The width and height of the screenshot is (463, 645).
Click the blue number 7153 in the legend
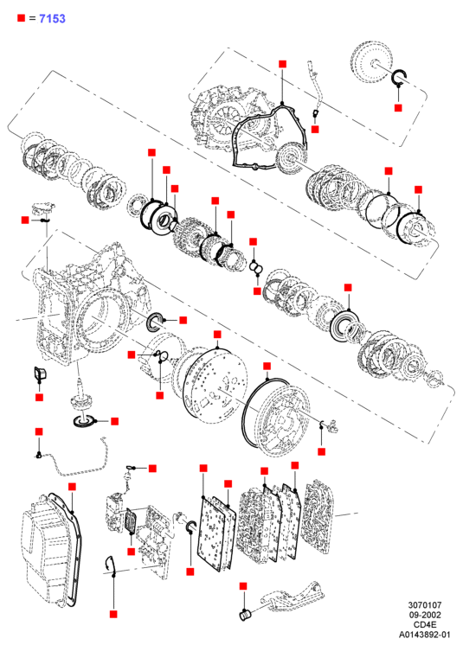point(52,18)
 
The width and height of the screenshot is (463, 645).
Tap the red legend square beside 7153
point(22,18)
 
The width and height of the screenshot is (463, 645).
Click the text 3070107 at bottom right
point(424,605)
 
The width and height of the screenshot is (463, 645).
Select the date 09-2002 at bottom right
point(424,615)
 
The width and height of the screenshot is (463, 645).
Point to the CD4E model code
point(424,625)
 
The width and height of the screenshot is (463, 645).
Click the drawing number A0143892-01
point(424,635)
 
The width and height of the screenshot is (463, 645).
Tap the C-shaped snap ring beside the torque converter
point(399,78)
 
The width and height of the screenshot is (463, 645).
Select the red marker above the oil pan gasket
point(72,487)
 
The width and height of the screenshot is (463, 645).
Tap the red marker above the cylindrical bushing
point(243,585)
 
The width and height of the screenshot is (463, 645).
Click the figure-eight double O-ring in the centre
point(256,267)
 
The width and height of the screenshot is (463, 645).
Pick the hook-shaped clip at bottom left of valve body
point(108,565)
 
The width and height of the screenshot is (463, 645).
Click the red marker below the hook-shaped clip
point(113,614)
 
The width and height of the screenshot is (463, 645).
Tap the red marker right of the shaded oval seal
point(183,320)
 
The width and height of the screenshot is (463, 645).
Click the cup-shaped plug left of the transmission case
point(40,374)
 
